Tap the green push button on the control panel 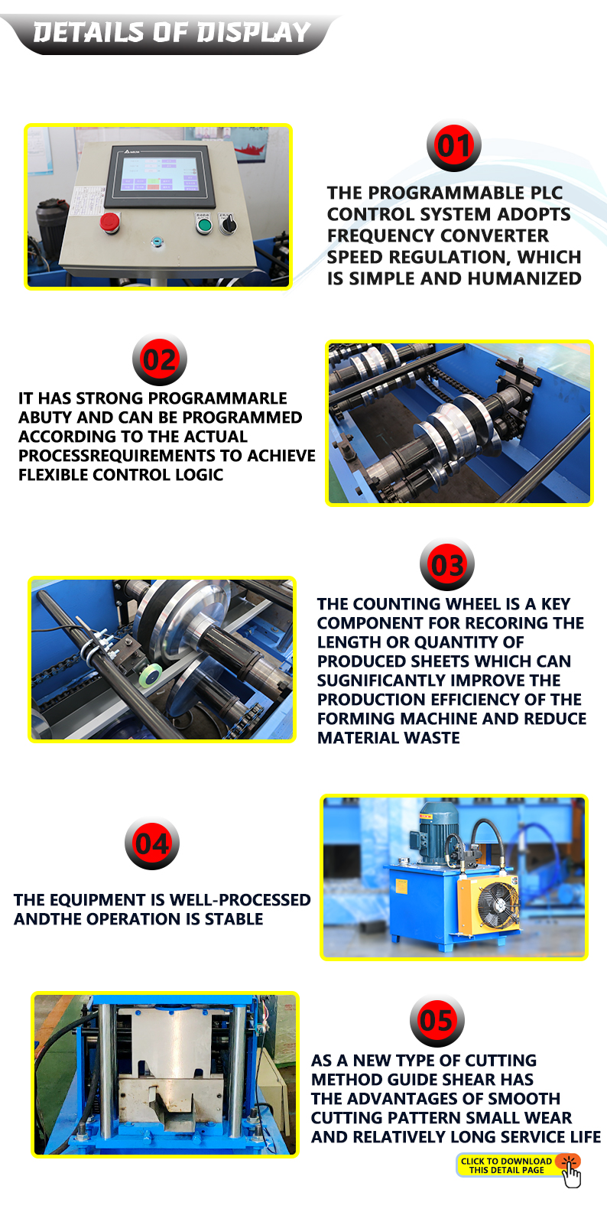pyautogui.click(x=203, y=224)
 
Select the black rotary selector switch pyautogui.click(x=228, y=223)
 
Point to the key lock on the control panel pyautogui.click(x=157, y=242)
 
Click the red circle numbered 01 pyautogui.click(x=453, y=145)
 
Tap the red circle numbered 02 pyautogui.click(x=160, y=359)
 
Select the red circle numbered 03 pyautogui.click(x=447, y=565)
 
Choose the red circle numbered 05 pyautogui.click(x=437, y=1021)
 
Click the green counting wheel pyautogui.click(x=150, y=675)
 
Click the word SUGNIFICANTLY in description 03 pyautogui.click(x=381, y=680)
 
